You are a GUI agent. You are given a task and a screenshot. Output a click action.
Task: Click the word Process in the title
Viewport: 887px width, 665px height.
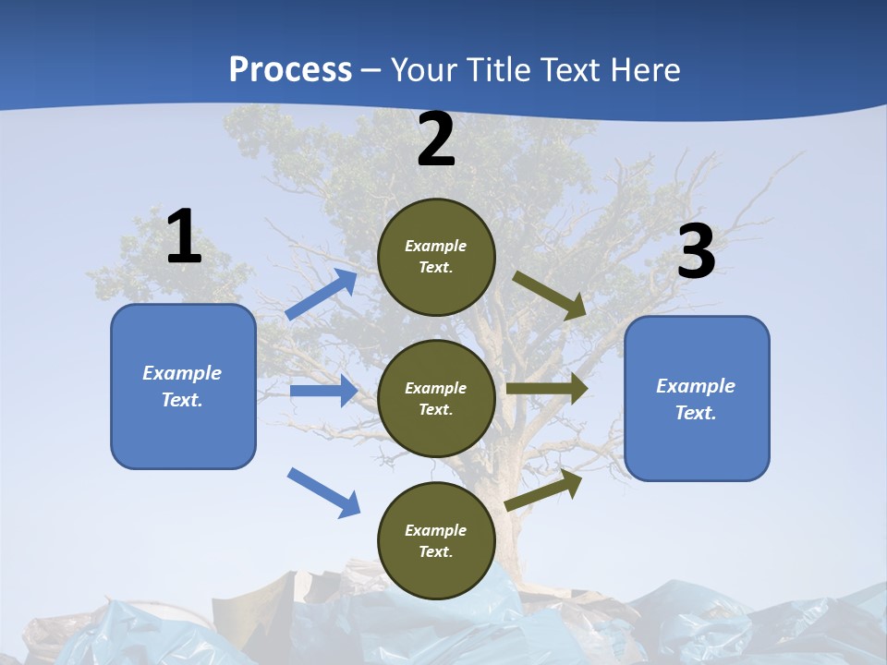pos(290,70)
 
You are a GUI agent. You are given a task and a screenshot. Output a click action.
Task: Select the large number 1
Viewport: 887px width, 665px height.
pos(184,237)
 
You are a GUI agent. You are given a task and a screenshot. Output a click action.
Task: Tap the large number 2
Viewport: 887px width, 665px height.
pos(436,140)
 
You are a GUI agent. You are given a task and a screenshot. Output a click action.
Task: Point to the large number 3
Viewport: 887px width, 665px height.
pos(696,252)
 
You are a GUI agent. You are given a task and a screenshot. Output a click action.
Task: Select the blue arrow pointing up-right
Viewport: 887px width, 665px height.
pos(322,295)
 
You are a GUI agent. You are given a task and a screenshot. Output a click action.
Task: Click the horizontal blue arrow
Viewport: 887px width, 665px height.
pos(323,391)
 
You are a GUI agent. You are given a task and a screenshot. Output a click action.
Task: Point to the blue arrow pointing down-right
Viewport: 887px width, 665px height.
pos(323,491)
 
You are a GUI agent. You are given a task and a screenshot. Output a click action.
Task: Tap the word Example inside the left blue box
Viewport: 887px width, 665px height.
pos(182,373)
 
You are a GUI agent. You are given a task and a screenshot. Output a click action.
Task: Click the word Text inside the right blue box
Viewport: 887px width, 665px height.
pos(695,413)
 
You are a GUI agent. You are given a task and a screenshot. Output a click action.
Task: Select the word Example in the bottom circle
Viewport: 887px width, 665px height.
pos(435,530)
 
